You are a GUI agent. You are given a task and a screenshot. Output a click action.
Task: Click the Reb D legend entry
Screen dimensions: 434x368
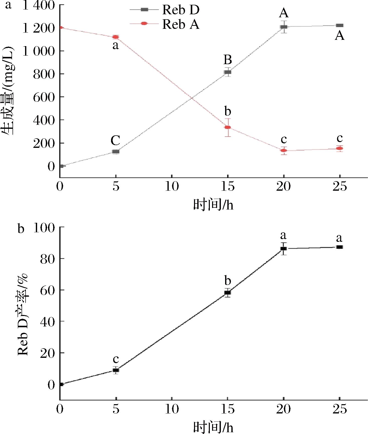180,10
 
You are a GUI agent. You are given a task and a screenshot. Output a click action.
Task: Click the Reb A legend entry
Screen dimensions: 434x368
180,24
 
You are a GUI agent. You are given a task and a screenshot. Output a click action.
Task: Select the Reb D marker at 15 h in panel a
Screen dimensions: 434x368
228,72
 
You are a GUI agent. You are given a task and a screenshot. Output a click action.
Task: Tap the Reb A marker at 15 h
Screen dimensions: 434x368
228,127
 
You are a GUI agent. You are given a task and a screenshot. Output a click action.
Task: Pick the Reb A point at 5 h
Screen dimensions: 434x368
116,37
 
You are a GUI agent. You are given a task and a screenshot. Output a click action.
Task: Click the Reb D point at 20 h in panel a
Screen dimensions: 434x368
284,27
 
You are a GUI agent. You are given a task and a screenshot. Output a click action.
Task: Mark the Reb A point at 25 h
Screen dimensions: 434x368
340,149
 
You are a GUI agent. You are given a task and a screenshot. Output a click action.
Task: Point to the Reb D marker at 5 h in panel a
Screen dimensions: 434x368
116,152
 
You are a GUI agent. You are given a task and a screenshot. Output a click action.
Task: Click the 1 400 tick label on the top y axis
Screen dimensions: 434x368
39,6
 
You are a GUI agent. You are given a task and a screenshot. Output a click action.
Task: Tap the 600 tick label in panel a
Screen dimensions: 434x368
44,97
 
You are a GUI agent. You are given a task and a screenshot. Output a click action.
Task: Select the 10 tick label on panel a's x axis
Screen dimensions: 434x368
172,187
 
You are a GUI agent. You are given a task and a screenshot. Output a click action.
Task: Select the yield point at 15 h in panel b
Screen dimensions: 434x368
228,292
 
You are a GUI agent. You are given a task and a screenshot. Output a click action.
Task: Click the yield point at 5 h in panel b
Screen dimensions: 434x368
116,370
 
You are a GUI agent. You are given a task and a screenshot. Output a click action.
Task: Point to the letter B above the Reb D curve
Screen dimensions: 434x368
228,60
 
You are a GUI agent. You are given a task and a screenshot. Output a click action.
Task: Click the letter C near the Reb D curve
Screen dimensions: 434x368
116,141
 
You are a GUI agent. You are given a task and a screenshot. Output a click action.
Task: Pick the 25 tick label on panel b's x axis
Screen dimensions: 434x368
340,409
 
